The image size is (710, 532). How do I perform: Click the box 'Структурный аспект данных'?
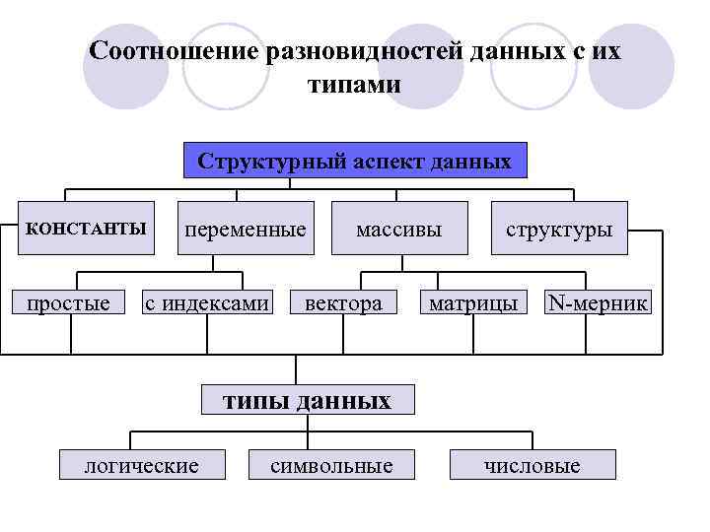click(355, 161)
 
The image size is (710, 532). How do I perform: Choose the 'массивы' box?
click(398, 230)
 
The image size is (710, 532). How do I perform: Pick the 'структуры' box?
click(558, 230)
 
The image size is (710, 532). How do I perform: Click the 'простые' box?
click(69, 303)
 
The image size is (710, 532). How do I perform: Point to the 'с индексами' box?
click(207, 303)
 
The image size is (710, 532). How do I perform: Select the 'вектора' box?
click(343, 303)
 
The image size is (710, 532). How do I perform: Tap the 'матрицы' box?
click(473, 303)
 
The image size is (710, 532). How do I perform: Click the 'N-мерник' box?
click(599, 303)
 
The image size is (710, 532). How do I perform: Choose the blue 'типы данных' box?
click(307, 400)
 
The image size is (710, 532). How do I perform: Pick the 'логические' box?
click(142, 465)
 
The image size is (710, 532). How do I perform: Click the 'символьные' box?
click(331, 465)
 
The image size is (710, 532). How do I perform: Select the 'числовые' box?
click(532, 465)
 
